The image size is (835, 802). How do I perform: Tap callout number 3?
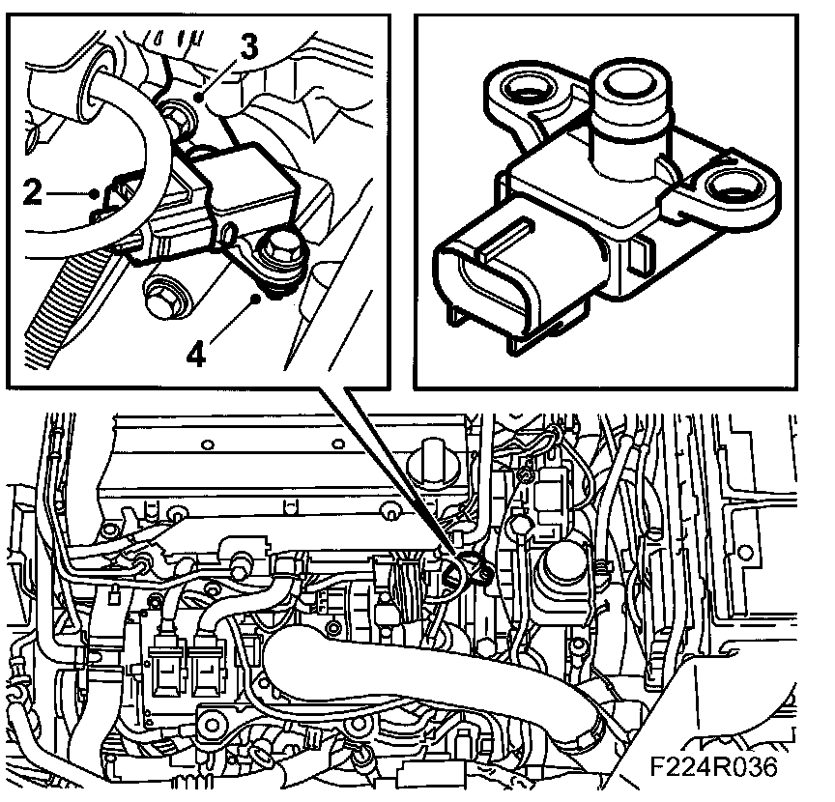point(248,45)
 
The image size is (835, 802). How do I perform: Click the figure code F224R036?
point(714,767)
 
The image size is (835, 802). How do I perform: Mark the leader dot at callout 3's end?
point(198,97)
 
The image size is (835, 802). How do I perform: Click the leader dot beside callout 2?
point(96,193)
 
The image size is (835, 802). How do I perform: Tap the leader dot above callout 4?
point(257,299)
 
